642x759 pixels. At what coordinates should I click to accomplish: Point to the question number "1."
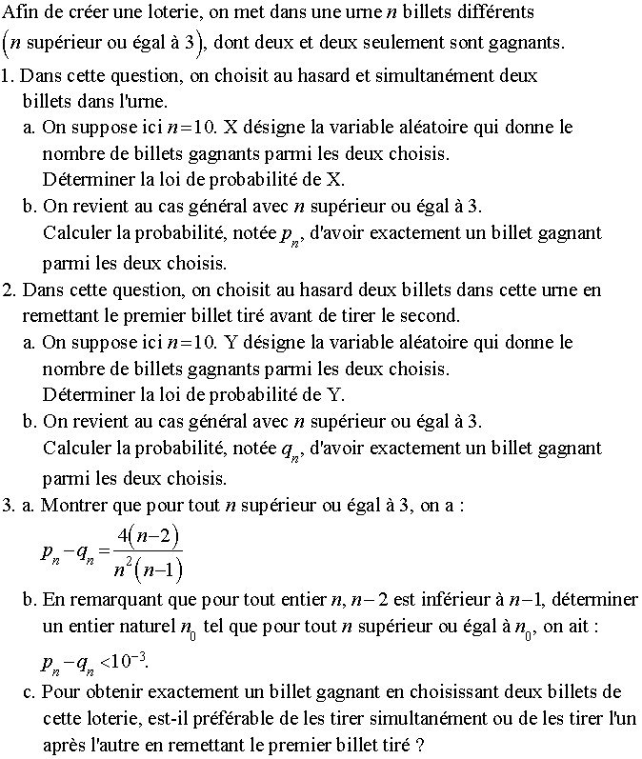(x=10, y=75)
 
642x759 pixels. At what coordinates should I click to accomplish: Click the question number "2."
(x=10, y=290)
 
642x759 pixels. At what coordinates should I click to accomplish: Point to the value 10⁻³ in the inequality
(x=132, y=661)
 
